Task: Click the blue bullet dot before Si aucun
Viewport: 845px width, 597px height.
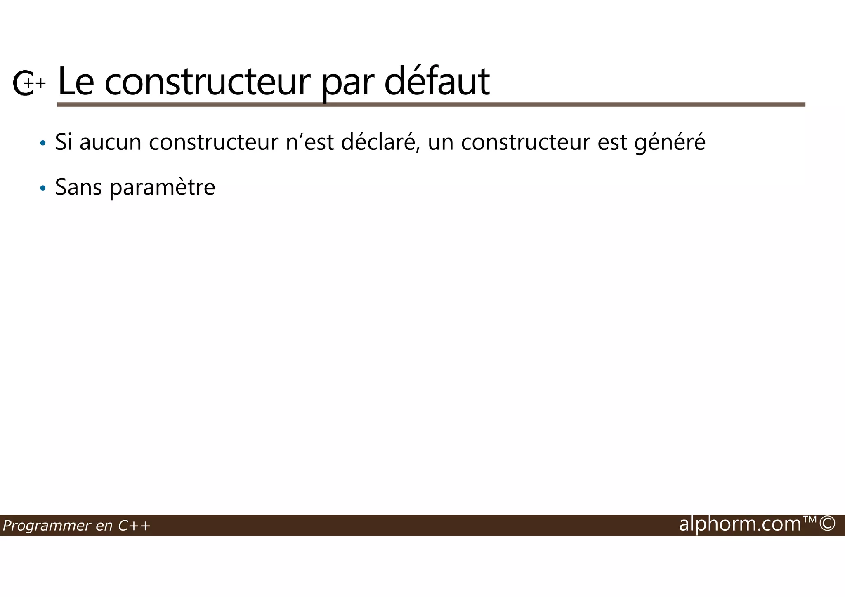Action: pyautogui.click(x=42, y=144)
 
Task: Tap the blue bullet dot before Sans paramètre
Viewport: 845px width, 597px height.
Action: pyautogui.click(x=42, y=189)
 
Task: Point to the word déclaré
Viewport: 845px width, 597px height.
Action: pyautogui.click(x=380, y=142)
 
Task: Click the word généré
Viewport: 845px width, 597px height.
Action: pyautogui.click(x=670, y=143)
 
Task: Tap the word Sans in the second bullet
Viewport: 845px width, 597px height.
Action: pyautogui.click(x=78, y=187)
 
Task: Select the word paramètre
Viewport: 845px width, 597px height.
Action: pyautogui.click(x=162, y=188)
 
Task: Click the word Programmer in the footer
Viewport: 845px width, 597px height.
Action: pyautogui.click(x=46, y=526)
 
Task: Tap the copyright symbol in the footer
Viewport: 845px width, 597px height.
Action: pyautogui.click(x=827, y=524)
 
